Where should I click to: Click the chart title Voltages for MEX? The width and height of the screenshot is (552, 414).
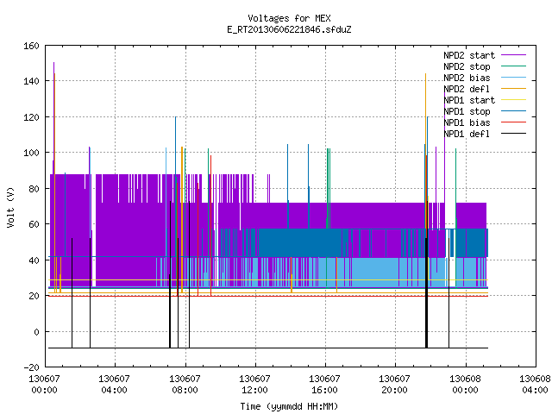click(289, 18)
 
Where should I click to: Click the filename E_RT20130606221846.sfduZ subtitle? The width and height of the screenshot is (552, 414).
click(289, 29)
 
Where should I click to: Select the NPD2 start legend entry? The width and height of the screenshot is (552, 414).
click(485, 55)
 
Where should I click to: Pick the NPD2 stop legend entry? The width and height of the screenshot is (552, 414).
click(485, 66)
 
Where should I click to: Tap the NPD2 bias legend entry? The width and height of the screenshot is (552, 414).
click(485, 78)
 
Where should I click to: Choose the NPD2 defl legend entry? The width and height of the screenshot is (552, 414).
click(485, 89)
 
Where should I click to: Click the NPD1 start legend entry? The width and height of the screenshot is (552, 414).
click(485, 100)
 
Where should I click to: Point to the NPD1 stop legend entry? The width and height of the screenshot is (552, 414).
click(485, 111)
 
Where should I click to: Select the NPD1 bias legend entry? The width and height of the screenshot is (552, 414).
click(485, 122)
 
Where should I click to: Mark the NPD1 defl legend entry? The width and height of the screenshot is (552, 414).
click(485, 135)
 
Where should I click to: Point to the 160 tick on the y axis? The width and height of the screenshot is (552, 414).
click(31, 46)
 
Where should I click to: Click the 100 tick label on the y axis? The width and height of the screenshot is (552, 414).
click(31, 153)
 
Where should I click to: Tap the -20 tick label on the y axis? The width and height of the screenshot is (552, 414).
click(31, 367)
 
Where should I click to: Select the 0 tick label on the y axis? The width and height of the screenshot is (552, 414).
click(36, 332)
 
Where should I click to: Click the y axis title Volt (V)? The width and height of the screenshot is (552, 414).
click(11, 208)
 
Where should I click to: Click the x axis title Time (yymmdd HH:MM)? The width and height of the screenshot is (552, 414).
click(289, 406)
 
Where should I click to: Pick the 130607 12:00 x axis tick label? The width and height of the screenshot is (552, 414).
click(254, 385)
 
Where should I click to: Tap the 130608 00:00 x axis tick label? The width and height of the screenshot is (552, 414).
click(465, 385)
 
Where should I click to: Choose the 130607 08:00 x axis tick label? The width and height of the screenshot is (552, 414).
click(185, 385)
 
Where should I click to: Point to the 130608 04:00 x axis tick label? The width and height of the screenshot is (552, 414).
click(535, 385)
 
